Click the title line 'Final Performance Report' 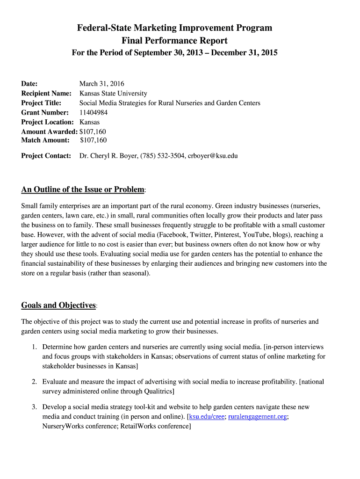point(174,41)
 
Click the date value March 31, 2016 point(101,84)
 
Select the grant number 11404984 point(93,112)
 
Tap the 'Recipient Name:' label point(46,94)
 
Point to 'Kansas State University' point(113,94)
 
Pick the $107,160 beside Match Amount point(94,140)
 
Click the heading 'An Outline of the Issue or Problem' point(83,189)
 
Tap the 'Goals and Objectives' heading point(58,305)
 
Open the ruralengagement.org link point(258,417)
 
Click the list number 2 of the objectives point(34,382)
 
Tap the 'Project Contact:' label point(46,156)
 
